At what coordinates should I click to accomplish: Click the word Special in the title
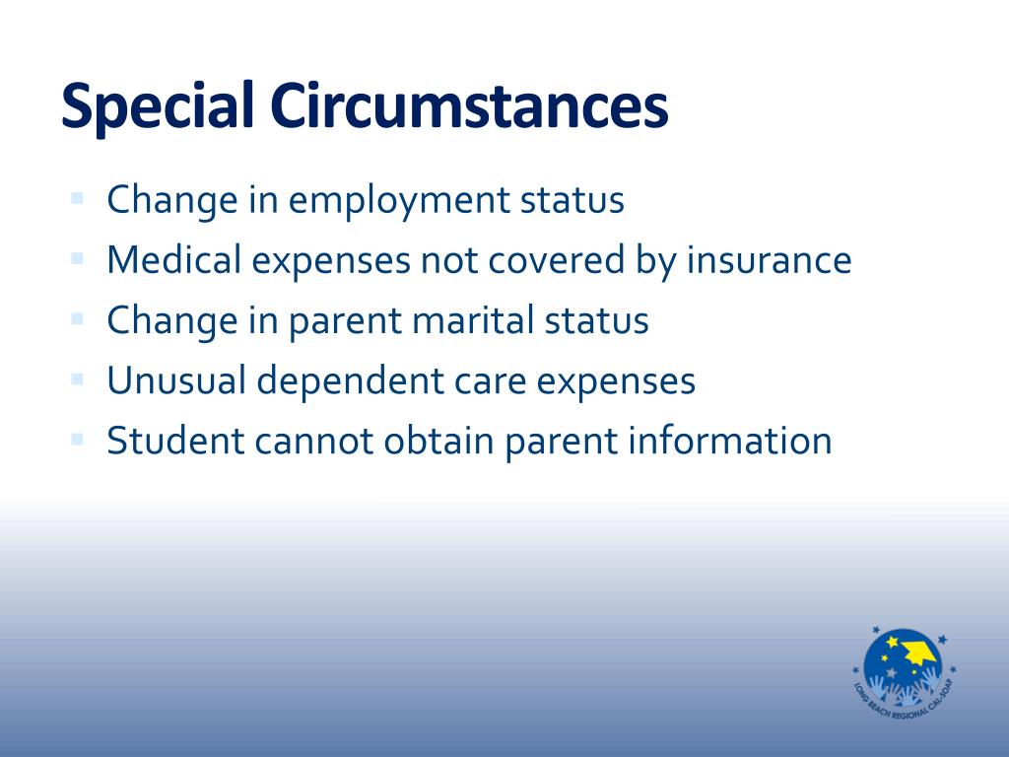(x=158, y=106)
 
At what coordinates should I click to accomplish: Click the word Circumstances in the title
(x=470, y=104)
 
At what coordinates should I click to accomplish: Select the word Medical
(x=173, y=259)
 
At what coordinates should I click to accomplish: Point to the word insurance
(x=769, y=259)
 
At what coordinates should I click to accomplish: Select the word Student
(x=175, y=441)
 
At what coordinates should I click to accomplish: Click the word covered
(x=557, y=259)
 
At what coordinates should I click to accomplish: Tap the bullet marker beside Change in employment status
(x=77, y=198)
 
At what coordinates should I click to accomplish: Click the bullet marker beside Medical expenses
(x=77, y=259)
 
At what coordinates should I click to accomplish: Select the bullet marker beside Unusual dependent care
(x=77, y=379)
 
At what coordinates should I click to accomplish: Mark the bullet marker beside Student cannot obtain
(x=77, y=440)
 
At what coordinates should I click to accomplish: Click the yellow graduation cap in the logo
(x=919, y=653)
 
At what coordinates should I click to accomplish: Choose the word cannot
(x=314, y=442)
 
